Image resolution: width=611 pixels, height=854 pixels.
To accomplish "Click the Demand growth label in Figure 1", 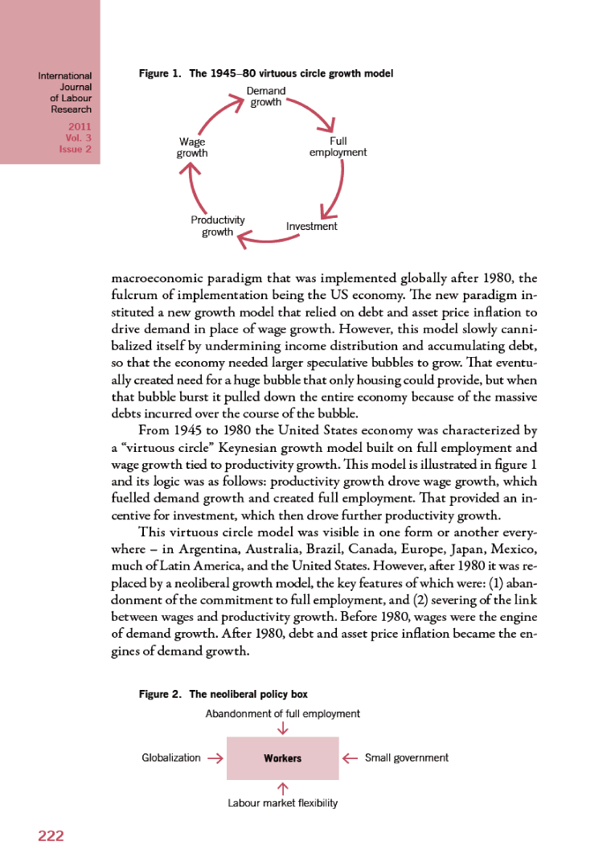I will [265, 97].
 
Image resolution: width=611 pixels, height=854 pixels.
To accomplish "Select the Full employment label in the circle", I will [338, 146].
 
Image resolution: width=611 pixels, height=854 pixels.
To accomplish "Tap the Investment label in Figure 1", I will [312, 227].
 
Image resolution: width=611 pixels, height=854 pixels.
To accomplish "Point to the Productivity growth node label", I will [217, 226].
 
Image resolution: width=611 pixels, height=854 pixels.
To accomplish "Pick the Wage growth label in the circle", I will [192, 147].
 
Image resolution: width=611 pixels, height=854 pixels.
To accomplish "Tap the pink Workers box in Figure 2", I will [282, 758].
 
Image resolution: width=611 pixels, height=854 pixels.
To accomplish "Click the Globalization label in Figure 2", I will [171, 758].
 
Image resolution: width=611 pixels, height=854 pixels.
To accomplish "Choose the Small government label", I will [407, 758].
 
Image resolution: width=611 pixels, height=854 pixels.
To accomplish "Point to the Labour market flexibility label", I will [282, 803].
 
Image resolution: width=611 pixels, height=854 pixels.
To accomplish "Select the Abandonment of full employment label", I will [282, 713].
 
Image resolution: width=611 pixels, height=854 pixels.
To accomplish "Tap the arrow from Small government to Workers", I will [350, 758].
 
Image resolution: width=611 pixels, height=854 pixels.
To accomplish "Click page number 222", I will [51, 836].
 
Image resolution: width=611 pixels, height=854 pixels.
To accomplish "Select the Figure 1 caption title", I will [266, 74].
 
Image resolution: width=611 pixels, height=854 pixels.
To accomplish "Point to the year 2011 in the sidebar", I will [80, 127].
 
